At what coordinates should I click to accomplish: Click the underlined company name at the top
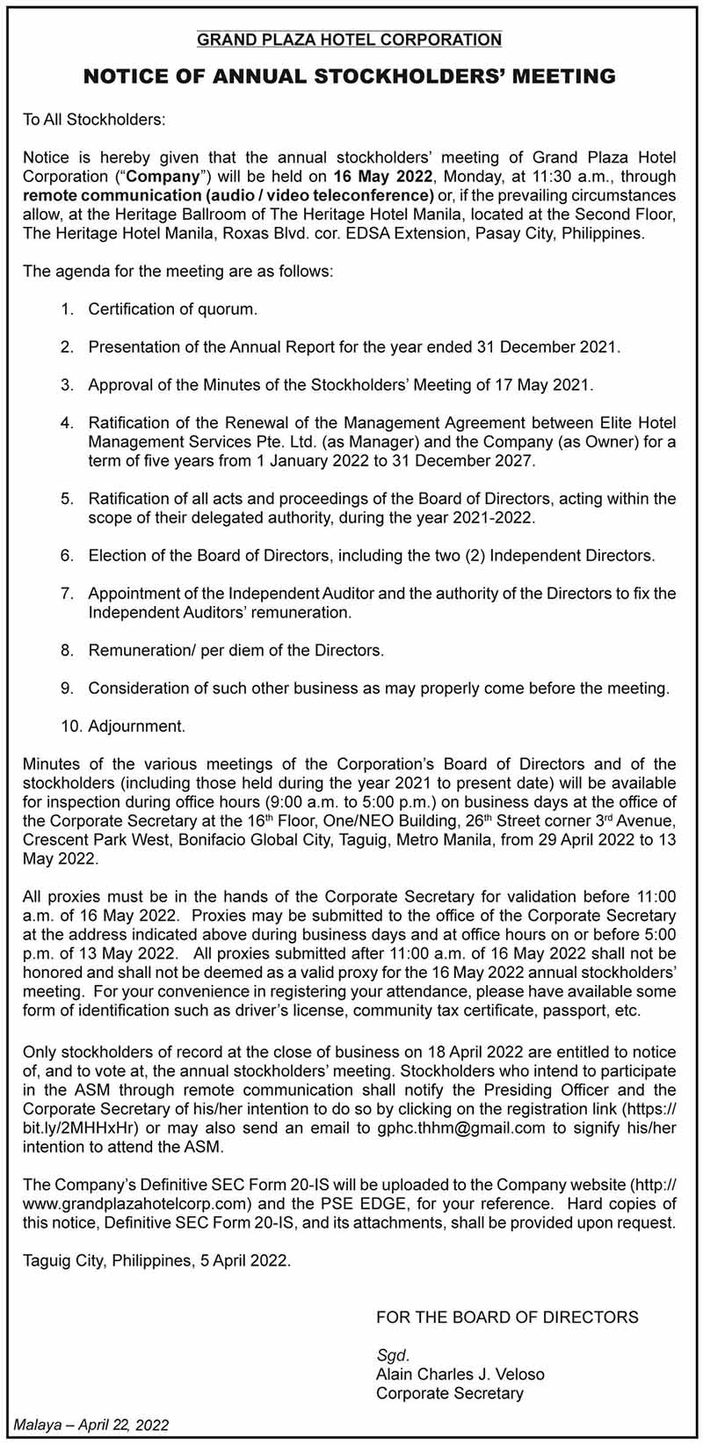(350, 40)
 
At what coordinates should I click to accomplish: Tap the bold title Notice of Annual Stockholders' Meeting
(350, 77)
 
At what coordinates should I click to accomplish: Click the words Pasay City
(516, 234)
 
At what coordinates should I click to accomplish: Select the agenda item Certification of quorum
(172, 310)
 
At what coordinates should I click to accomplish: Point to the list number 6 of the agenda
(67, 556)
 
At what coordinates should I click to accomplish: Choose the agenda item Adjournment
(136, 726)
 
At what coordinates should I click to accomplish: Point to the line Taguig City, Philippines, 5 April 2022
(156, 1261)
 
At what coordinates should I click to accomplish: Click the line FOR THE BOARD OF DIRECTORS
(507, 1317)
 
